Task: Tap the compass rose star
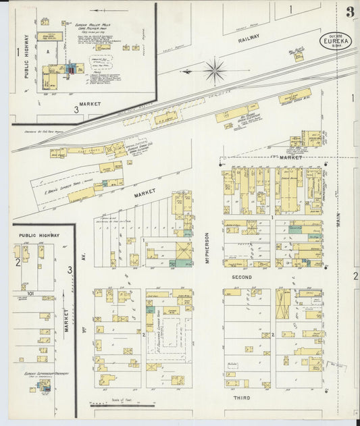tap(214, 70)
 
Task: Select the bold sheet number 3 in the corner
tap(350, 11)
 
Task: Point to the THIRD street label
tap(242, 398)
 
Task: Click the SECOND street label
tap(242, 277)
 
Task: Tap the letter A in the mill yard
tap(48, 51)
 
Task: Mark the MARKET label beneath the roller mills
tap(89, 104)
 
